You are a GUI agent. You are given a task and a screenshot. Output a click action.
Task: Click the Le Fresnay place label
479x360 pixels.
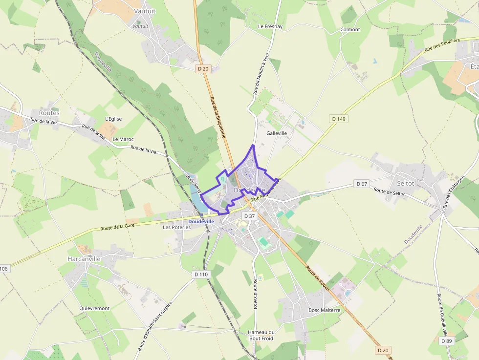[270, 26]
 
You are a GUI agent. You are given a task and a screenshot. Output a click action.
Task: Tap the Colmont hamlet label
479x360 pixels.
[350, 30]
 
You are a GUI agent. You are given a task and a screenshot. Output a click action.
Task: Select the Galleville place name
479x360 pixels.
[277, 133]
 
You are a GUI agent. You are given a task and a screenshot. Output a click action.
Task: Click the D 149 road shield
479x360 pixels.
[338, 119]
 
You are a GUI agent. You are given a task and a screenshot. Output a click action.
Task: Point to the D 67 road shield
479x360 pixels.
[362, 184]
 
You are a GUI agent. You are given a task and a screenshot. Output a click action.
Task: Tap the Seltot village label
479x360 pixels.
[406, 183]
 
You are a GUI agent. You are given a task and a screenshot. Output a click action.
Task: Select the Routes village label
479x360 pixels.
[49, 113]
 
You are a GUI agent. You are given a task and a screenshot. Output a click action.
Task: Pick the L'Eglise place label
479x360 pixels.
[113, 119]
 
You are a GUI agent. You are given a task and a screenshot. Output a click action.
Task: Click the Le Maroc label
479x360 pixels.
[123, 139]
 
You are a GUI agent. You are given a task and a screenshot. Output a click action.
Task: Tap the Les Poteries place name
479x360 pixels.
[177, 227]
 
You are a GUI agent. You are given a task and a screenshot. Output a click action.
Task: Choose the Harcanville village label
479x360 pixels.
[84, 259]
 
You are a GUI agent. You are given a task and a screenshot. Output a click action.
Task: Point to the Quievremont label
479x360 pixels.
[94, 308]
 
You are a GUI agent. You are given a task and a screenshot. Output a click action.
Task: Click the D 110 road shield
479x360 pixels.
[201, 274]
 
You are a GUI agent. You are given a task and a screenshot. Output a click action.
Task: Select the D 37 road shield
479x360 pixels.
[249, 216]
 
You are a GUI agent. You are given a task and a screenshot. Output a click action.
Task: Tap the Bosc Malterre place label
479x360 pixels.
[324, 310]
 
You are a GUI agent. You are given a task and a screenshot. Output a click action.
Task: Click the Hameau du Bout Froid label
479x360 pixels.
[261, 335]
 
